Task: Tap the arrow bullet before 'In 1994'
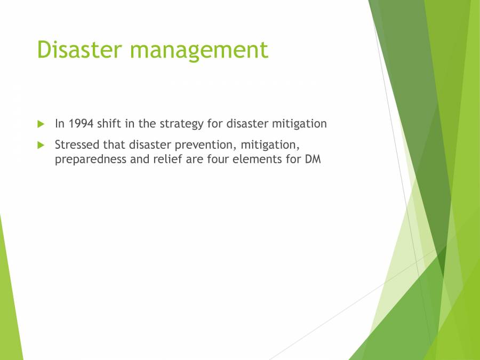click(41, 124)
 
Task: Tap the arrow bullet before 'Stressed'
click(41, 145)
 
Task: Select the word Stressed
click(77, 145)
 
